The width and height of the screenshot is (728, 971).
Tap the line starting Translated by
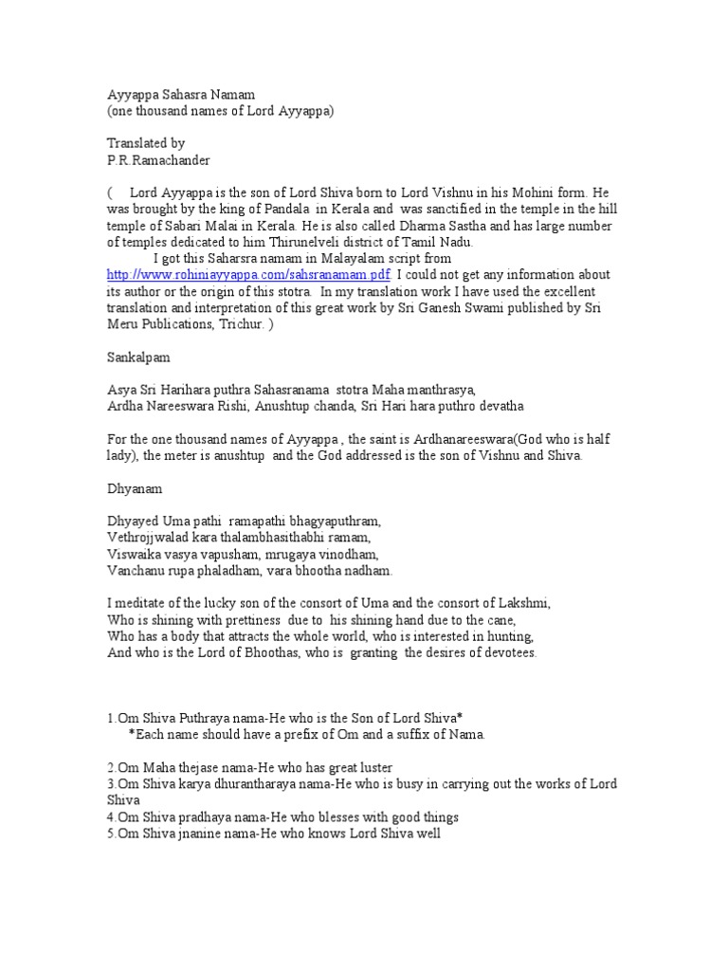click(x=145, y=144)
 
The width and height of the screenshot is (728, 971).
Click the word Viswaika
click(x=135, y=555)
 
